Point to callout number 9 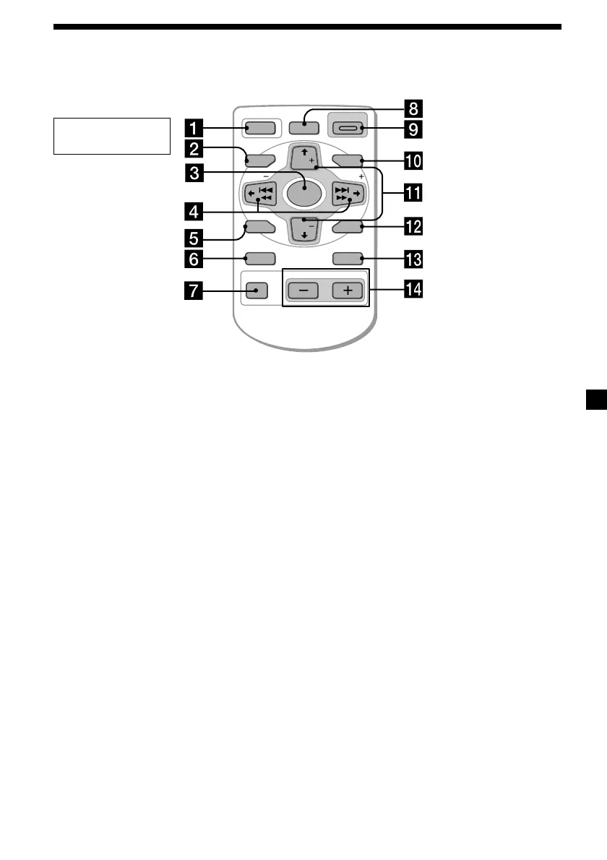point(414,130)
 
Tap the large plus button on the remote point(347,291)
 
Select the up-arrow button point(303,157)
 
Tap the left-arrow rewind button point(259,194)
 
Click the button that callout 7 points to point(257,291)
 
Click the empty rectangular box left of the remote point(112,136)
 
